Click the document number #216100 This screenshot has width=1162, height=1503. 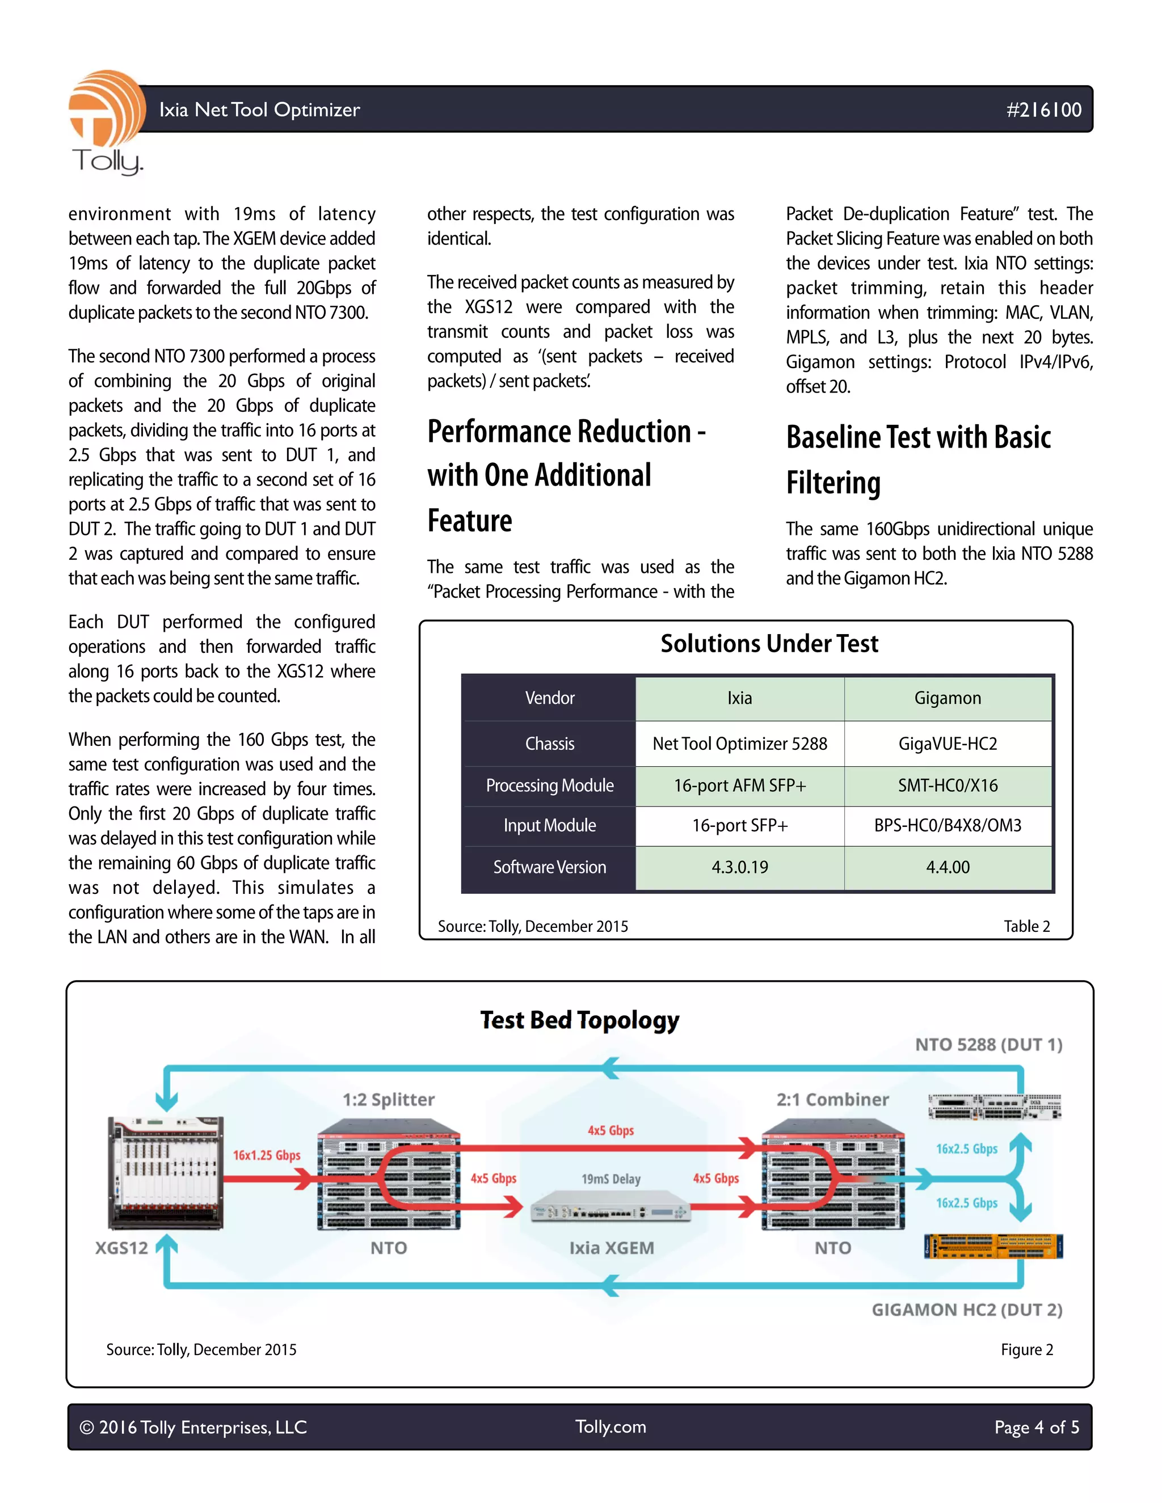click(1043, 109)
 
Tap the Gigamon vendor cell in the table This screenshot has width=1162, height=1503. click(947, 698)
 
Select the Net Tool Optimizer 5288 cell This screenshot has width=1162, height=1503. click(739, 743)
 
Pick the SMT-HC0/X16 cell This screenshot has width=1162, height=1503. click(947, 785)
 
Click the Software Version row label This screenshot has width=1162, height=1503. click(549, 867)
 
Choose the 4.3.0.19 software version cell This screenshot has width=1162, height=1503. click(739, 867)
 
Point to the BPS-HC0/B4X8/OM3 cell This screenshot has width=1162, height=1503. click(947, 825)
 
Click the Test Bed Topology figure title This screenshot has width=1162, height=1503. click(580, 1020)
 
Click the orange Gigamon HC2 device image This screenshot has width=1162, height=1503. click(993, 1246)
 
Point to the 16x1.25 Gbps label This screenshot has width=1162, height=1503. click(267, 1155)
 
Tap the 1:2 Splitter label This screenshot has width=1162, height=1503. click(388, 1100)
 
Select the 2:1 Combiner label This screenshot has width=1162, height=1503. click(832, 1100)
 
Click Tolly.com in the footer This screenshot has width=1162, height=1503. click(611, 1426)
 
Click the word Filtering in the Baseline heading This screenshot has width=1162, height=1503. click(833, 483)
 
